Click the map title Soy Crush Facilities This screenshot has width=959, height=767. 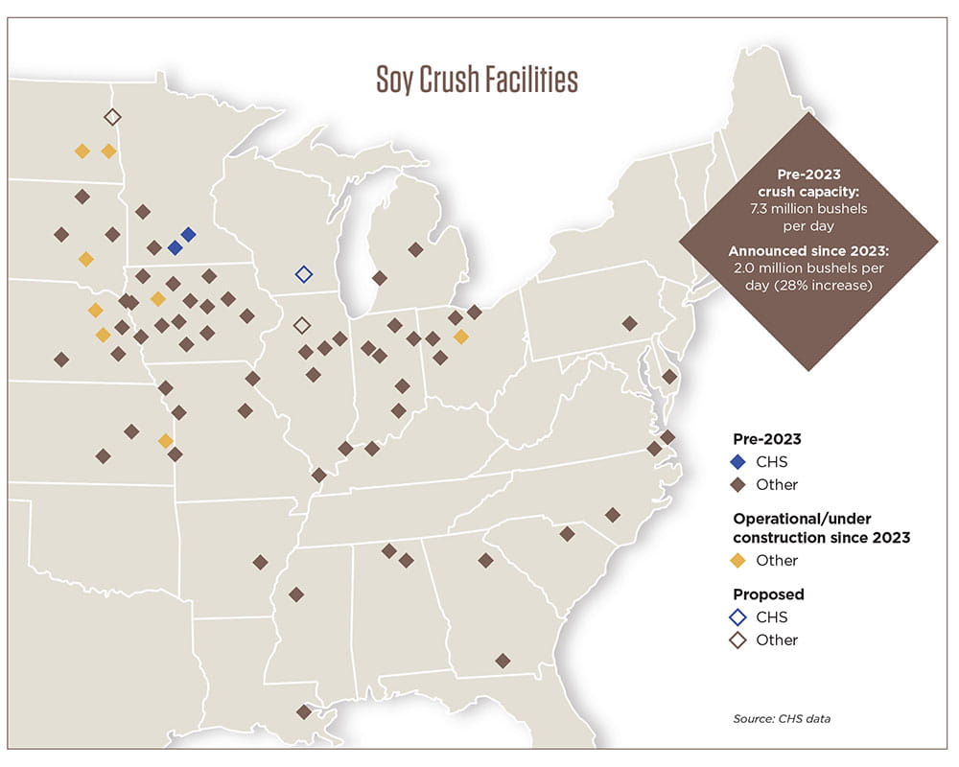point(476,81)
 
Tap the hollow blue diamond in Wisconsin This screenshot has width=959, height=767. point(304,274)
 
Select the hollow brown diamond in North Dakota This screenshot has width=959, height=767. point(111,117)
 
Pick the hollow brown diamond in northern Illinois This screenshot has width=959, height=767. point(301,325)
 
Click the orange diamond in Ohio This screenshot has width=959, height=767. point(461,337)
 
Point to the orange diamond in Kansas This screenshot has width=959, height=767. point(165,441)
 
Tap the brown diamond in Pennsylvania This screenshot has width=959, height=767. point(629,323)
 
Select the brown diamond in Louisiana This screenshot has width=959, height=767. point(304,711)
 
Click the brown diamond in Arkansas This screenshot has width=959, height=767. point(259,562)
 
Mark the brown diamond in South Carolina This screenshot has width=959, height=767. point(567,533)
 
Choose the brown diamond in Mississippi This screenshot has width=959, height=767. point(296,593)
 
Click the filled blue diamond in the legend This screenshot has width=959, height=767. point(738,462)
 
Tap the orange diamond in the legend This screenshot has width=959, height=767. point(738,560)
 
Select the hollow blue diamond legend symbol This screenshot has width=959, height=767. point(738,617)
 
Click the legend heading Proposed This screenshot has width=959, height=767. point(768,594)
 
